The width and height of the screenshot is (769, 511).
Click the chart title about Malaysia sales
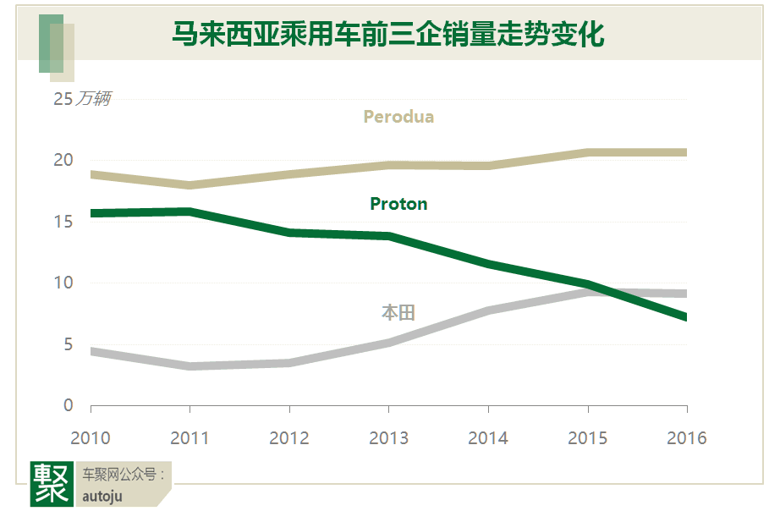[x=387, y=36]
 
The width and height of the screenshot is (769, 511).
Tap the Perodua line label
[x=398, y=117]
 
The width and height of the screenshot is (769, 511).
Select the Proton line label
[x=398, y=204]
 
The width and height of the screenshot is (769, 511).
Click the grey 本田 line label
[x=398, y=313]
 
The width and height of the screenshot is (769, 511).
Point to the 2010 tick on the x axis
[x=90, y=438]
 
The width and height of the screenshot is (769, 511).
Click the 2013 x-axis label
[x=388, y=438]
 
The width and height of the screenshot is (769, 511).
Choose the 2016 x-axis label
[x=686, y=438]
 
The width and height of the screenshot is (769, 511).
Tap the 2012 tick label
[x=289, y=438]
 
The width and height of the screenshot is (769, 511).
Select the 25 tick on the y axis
[x=63, y=99]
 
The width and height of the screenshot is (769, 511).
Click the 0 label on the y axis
[x=69, y=406]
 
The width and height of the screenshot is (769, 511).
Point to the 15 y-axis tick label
[x=63, y=222]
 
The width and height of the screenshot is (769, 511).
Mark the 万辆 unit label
[x=93, y=100]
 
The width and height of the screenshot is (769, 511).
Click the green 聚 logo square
[x=52, y=483]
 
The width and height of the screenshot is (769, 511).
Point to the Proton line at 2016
[x=685, y=317]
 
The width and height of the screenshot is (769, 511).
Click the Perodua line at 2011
[x=190, y=185]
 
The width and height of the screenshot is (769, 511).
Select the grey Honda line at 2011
[x=190, y=366]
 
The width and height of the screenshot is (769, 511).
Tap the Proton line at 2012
[x=289, y=232]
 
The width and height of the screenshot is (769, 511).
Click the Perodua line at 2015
[x=587, y=152]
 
